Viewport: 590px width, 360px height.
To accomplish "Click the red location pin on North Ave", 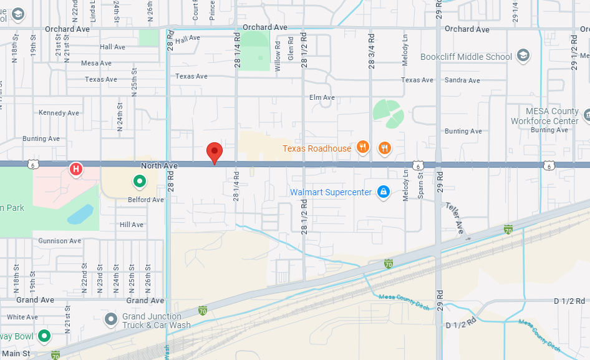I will pyautogui.click(x=215, y=152).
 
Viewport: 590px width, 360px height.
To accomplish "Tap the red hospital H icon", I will pyautogui.click(x=76, y=168).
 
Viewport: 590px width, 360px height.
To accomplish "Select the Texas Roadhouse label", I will pyautogui.click(x=317, y=148).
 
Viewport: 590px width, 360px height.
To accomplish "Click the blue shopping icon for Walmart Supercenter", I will pyautogui.click(x=384, y=192).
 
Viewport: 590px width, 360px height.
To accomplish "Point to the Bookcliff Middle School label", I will pyautogui.click(x=466, y=57).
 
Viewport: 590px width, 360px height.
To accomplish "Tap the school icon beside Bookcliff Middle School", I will pyautogui.click(x=523, y=56).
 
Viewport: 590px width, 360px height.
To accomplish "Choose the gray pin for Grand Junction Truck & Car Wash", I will pyautogui.click(x=111, y=320).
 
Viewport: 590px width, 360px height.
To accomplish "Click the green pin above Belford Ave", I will pyautogui.click(x=140, y=182).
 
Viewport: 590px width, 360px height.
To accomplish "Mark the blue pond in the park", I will pyautogui.click(x=80, y=214).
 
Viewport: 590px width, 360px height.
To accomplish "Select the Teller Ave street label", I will pyautogui.click(x=456, y=219).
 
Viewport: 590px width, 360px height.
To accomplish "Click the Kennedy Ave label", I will pyautogui.click(x=59, y=113).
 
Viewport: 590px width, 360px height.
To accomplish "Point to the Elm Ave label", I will pyautogui.click(x=322, y=97).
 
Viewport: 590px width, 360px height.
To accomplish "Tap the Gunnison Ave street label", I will pyautogui.click(x=59, y=241).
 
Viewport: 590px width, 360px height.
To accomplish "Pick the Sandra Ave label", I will pyautogui.click(x=462, y=80).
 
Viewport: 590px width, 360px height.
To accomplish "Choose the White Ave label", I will pyautogui.click(x=22, y=317).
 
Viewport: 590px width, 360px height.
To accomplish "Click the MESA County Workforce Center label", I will pyautogui.click(x=544, y=116).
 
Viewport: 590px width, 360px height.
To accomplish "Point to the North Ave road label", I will pyautogui.click(x=159, y=165).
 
